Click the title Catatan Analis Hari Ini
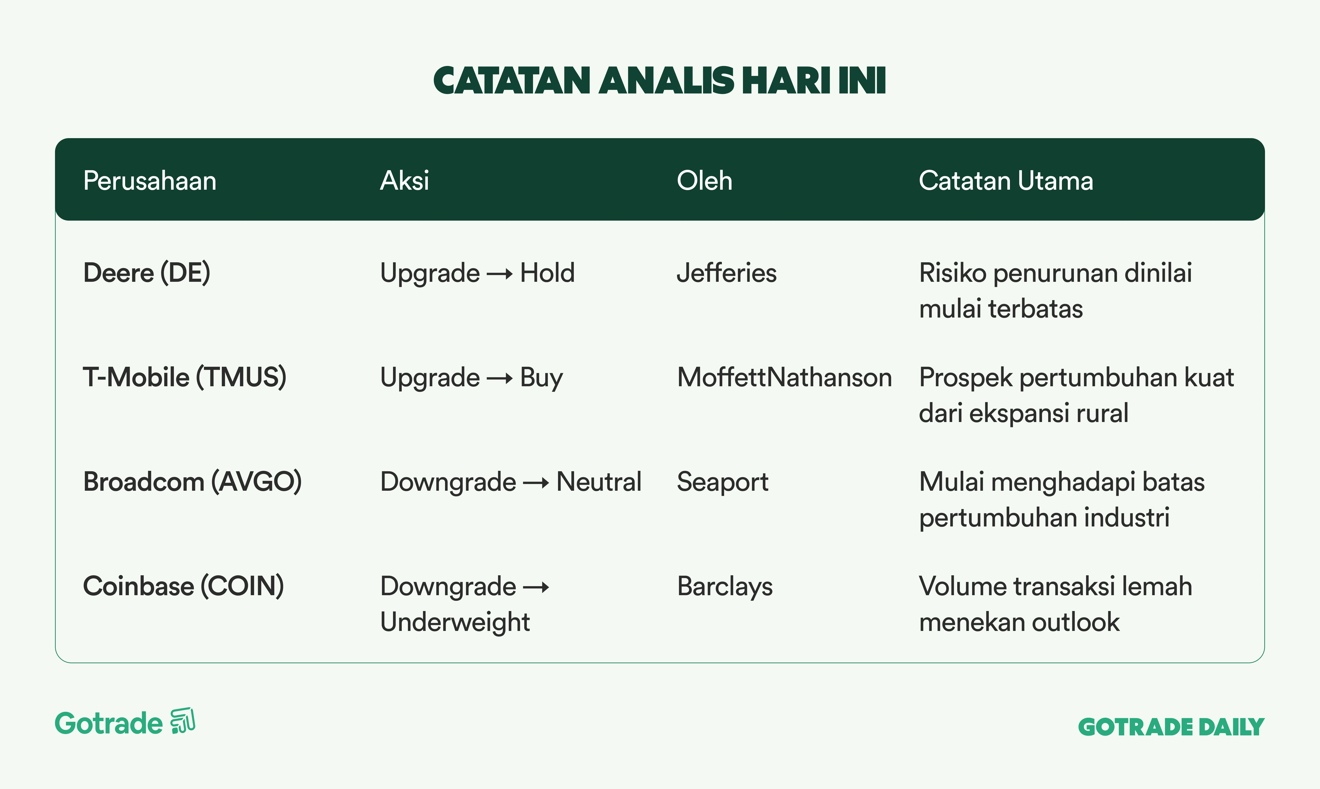point(660,81)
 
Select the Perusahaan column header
point(150,181)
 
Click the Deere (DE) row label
point(147,273)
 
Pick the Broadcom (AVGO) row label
point(192,482)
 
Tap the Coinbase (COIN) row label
point(184,586)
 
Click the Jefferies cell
point(726,273)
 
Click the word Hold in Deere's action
point(547,273)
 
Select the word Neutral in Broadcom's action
point(599,482)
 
